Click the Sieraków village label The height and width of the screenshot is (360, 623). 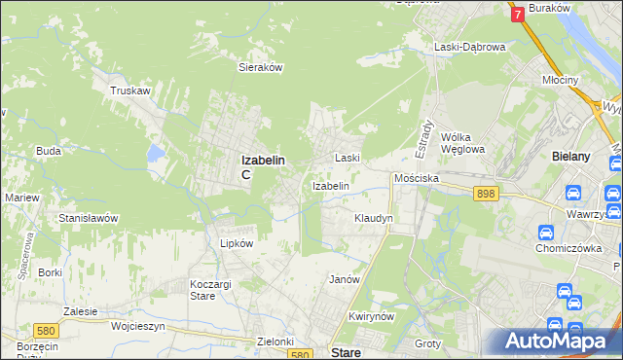(260, 68)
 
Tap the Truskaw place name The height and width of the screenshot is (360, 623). (129, 90)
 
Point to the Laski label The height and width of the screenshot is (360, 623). (348, 158)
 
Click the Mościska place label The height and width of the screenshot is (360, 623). (417, 179)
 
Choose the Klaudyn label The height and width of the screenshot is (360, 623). (373, 219)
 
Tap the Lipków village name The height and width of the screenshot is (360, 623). (238, 243)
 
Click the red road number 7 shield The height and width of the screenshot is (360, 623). (517, 14)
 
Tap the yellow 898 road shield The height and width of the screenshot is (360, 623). (487, 195)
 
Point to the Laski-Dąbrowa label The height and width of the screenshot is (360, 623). (469, 47)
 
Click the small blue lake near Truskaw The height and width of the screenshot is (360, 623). (155, 153)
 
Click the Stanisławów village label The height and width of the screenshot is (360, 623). (89, 219)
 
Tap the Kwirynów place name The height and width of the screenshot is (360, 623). (370, 317)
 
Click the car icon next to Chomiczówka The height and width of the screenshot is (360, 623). (546, 233)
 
